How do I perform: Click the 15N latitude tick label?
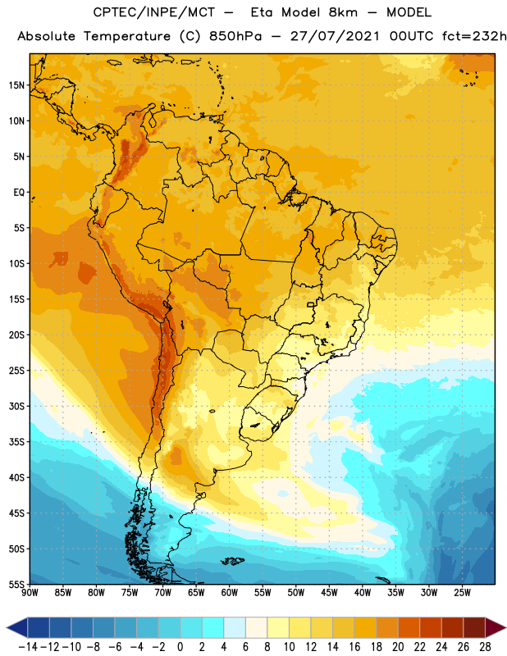coord(16,85)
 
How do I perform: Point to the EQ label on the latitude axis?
coord(19,193)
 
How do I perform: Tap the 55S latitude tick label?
coord(16,584)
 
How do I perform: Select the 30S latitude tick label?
coord(16,406)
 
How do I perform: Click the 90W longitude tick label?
coord(30,592)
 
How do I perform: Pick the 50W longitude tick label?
coord(296,592)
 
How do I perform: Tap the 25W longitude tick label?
coord(462,592)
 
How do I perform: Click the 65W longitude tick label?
coord(196,592)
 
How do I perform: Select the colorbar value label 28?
coord(485,647)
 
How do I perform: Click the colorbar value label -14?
coord(28,647)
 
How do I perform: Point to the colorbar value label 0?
coord(180,647)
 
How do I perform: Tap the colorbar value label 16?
coord(354,647)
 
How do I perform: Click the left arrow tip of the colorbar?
coord(7,627)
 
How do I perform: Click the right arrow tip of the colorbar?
coord(505,627)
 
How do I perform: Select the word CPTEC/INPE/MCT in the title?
coord(154,12)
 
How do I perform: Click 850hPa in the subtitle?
coord(235,36)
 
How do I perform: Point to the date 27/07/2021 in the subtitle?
coord(335,36)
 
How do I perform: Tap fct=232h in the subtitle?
coord(474,36)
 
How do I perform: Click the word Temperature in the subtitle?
coord(127,36)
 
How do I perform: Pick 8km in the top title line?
coord(343,12)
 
